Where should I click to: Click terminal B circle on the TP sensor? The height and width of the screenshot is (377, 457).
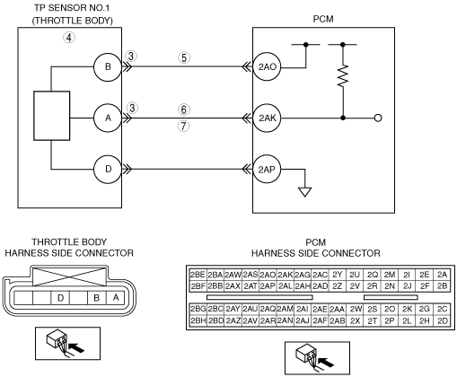pyautogui.click(x=108, y=67)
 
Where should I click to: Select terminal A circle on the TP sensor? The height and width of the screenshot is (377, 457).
pyautogui.click(x=108, y=118)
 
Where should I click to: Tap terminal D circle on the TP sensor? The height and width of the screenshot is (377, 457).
pyautogui.click(x=108, y=170)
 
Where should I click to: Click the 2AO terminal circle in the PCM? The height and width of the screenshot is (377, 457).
pyautogui.click(x=267, y=67)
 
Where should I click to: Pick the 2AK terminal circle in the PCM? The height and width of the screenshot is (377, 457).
pyautogui.click(x=267, y=118)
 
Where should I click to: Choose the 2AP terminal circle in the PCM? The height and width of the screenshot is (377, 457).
pyautogui.click(x=267, y=170)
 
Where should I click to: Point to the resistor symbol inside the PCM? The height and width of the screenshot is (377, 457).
pyautogui.click(x=343, y=76)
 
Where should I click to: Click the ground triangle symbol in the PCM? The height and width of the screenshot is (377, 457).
pyautogui.click(x=305, y=192)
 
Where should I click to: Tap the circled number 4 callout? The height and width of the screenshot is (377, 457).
pyautogui.click(x=69, y=38)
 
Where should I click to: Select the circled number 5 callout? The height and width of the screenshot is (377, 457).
pyautogui.click(x=184, y=57)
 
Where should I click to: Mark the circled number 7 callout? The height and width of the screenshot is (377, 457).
pyautogui.click(x=184, y=126)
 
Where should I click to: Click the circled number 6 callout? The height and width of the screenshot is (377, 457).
pyautogui.click(x=184, y=110)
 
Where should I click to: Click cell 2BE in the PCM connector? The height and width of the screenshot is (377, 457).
pyautogui.click(x=198, y=275)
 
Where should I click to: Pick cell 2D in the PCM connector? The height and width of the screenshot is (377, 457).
pyautogui.click(x=442, y=320)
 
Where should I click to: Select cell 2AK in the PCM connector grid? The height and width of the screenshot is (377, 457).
pyautogui.click(x=285, y=275)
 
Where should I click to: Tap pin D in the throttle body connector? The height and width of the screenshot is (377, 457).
pyautogui.click(x=60, y=298)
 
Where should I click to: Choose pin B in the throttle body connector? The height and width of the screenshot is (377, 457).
pyautogui.click(x=96, y=298)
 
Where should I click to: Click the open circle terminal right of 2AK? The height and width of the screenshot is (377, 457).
pyautogui.click(x=378, y=118)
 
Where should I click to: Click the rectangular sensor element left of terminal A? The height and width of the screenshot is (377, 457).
pyautogui.click(x=52, y=116)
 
